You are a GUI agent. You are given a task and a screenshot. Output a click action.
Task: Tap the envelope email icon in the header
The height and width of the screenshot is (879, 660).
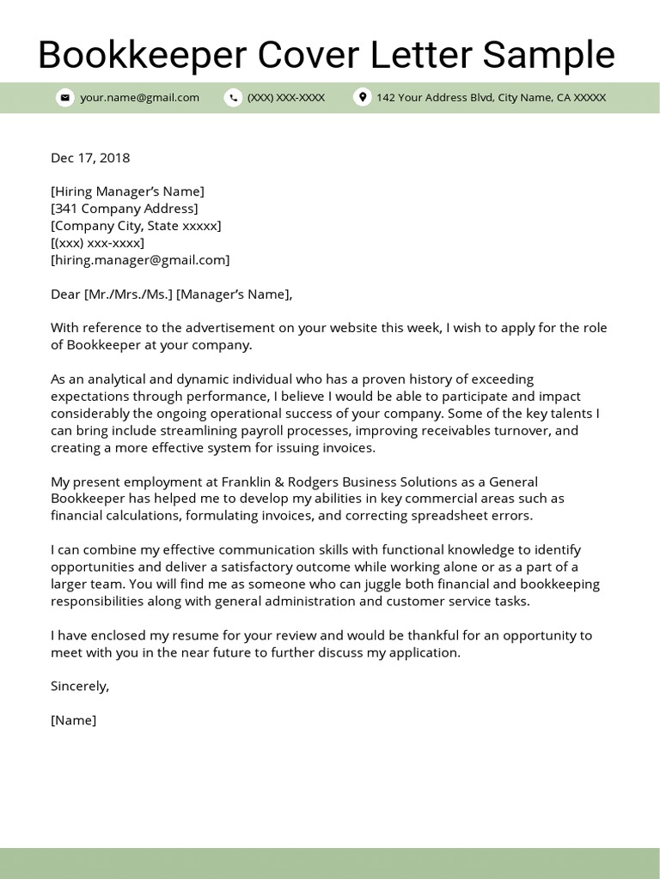click(x=64, y=98)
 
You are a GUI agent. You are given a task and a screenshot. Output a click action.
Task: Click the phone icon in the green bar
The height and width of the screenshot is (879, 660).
click(x=233, y=98)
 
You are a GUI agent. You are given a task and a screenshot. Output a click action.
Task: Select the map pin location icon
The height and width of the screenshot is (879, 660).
click(x=362, y=98)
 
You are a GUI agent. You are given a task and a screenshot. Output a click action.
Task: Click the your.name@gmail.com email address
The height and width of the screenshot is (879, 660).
click(x=139, y=98)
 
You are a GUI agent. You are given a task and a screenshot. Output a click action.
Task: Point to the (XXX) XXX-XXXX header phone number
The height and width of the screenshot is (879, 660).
click(x=286, y=98)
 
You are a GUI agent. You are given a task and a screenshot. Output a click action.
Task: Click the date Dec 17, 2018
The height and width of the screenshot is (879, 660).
click(x=90, y=157)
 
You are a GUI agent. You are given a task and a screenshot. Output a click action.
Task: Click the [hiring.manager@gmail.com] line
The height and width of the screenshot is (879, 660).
click(x=140, y=260)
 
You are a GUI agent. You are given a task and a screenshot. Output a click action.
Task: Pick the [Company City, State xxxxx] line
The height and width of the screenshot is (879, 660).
click(x=136, y=226)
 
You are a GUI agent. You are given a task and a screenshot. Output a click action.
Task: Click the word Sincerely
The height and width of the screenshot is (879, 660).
click(x=80, y=686)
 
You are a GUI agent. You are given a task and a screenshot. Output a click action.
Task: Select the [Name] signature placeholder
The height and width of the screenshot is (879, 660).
click(x=74, y=720)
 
